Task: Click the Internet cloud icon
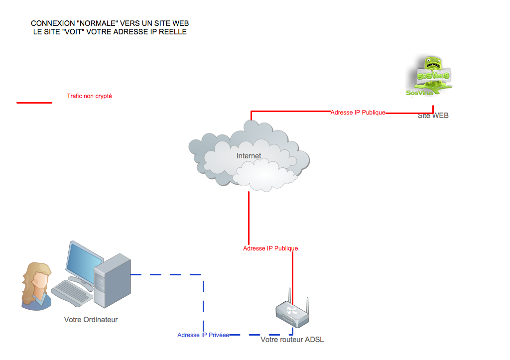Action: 249,157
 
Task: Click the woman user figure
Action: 36,286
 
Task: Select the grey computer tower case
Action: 112,281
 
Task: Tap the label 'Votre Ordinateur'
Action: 91,320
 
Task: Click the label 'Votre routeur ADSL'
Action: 292,340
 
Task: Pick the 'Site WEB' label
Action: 433,116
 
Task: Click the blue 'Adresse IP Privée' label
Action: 203,335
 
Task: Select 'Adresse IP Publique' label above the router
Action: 270,248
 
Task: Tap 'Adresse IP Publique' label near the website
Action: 358,113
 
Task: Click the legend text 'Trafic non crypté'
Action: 89,96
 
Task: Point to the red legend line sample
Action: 34,103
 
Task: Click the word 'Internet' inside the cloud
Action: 249,156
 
